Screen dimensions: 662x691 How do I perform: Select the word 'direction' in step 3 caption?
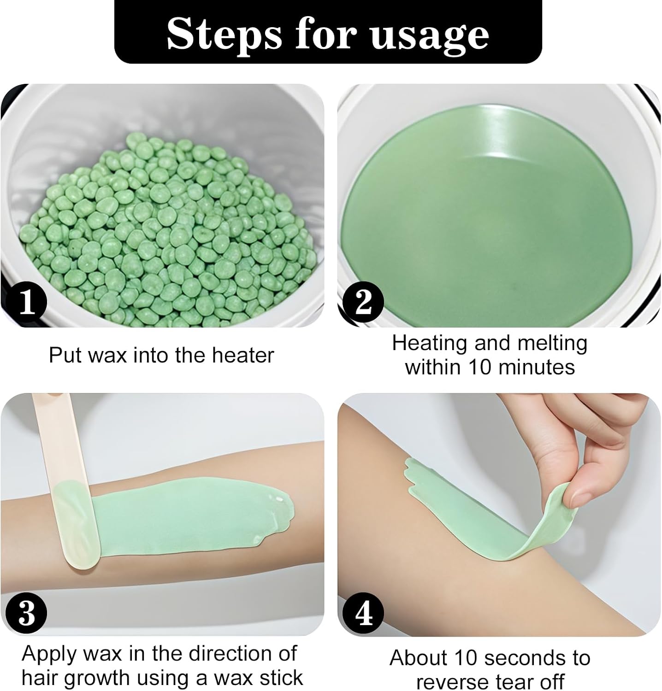222,653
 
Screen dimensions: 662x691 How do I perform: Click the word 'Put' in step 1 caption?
62,355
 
